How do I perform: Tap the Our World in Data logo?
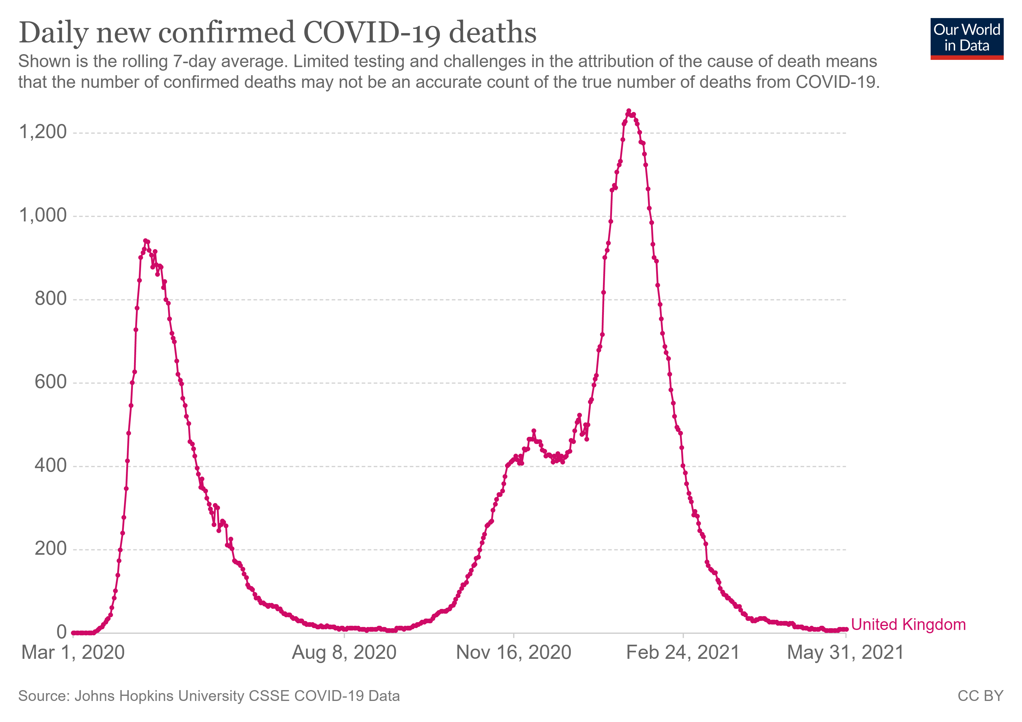[966, 38]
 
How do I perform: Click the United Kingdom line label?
[908, 625]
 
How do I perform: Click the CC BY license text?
[980, 696]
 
